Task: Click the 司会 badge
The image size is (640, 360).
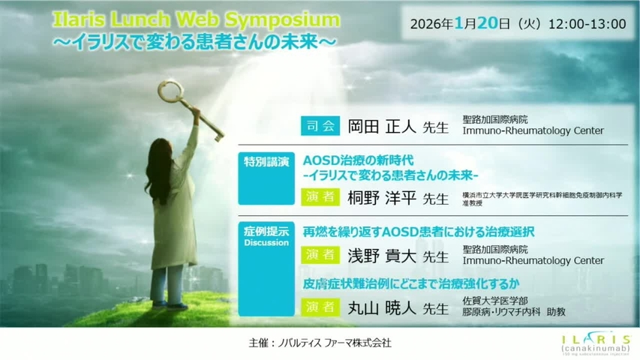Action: click(321, 126)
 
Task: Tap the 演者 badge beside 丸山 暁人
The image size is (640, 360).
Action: click(321, 307)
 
